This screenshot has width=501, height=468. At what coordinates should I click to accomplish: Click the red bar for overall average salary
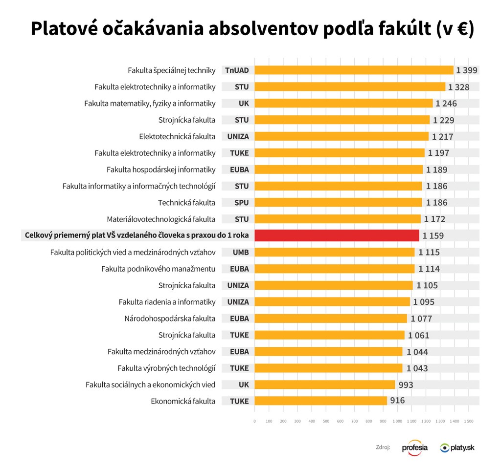337,235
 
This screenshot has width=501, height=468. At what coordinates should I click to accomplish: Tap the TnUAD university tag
237,70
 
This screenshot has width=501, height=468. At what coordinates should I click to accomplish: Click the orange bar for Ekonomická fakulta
320,401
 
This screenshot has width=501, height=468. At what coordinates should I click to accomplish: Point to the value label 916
397,401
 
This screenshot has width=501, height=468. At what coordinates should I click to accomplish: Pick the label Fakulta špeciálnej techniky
171,70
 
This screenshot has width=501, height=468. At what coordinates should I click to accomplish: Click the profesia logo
414,447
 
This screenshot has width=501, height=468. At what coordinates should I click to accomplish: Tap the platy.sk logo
457,447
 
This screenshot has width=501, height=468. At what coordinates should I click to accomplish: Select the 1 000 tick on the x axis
397,421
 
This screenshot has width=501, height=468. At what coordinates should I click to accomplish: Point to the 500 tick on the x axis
326,421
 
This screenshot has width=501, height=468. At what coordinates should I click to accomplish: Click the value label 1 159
433,235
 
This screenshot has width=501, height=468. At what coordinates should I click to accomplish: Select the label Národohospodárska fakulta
170,319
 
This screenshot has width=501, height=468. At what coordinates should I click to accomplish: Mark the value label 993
405,384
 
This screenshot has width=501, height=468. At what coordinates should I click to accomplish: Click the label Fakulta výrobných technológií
166,368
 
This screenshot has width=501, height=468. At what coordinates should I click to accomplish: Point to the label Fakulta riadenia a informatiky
167,302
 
